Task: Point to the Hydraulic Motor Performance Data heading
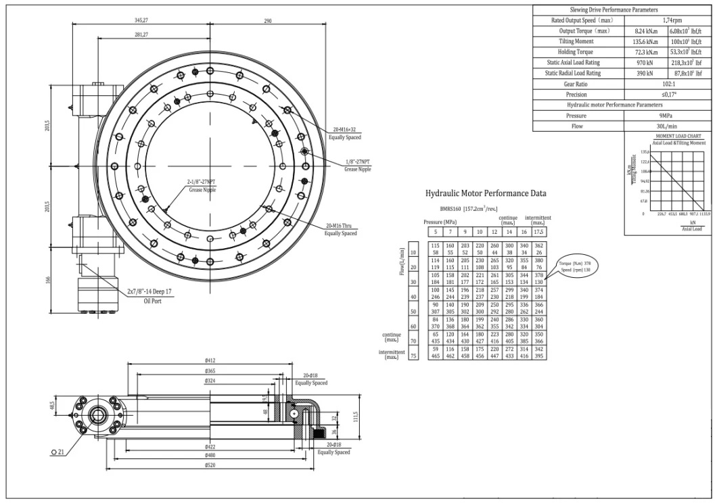tap(485, 193)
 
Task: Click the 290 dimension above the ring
tap(267, 21)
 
